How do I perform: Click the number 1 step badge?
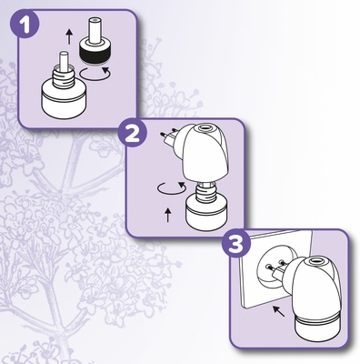(25, 24)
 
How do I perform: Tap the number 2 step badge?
(133, 133)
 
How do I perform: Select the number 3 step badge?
(236, 243)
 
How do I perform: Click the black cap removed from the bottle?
(94, 51)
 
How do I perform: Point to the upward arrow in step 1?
(69, 36)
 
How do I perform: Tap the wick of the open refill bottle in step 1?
(64, 60)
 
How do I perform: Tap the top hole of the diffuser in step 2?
(205, 127)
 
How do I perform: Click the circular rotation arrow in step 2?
(172, 188)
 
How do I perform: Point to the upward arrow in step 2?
(168, 215)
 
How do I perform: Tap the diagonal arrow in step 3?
(279, 311)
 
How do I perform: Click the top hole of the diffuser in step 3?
(315, 260)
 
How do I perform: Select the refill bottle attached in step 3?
(317, 327)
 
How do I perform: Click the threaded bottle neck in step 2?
(206, 190)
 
